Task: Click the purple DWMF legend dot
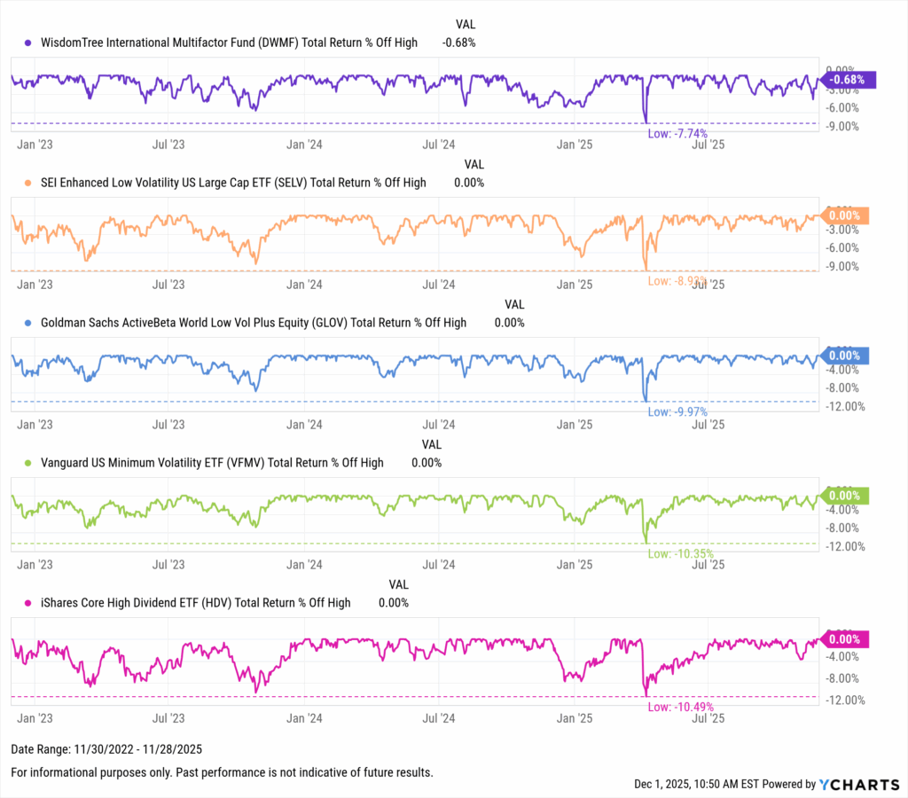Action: point(28,43)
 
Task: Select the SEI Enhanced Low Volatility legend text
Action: point(233,183)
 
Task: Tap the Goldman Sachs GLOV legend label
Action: point(254,323)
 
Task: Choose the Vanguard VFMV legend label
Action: point(212,463)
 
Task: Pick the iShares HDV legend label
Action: point(196,603)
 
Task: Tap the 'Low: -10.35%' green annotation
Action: point(680,553)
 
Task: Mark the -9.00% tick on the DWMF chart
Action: point(841,126)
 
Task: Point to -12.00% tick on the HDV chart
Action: point(843,700)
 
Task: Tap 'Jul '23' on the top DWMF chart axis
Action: point(168,144)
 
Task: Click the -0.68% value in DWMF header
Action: point(458,43)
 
